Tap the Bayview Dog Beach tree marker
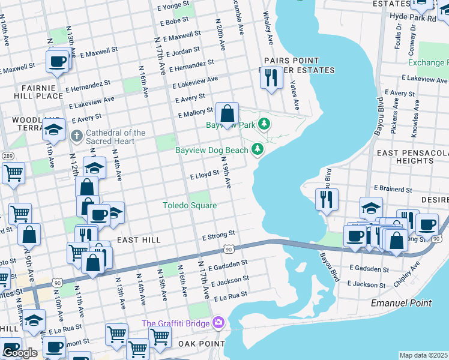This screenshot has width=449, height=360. pyautogui.click(x=258, y=148)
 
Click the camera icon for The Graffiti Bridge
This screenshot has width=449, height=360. pyautogui.click(x=218, y=323)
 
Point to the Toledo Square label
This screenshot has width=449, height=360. pyautogui.click(x=190, y=205)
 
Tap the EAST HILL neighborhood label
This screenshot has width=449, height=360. pyautogui.click(x=139, y=240)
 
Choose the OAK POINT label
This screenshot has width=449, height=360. pyautogui.click(x=201, y=343)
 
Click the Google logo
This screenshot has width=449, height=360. pyautogui.click(x=20, y=353)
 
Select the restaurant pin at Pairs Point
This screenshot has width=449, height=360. pyautogui.click(x=272, y=78)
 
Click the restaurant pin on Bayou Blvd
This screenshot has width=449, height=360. pyautogui.click(x=327, y=200)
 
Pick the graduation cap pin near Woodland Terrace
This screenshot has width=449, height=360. pyautogui.click(x=54, y=130)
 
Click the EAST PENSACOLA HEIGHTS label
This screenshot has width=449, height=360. pyautogui.click(x=412, y=157)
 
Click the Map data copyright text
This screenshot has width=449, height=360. pyautogui.click(x=423, y=355)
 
